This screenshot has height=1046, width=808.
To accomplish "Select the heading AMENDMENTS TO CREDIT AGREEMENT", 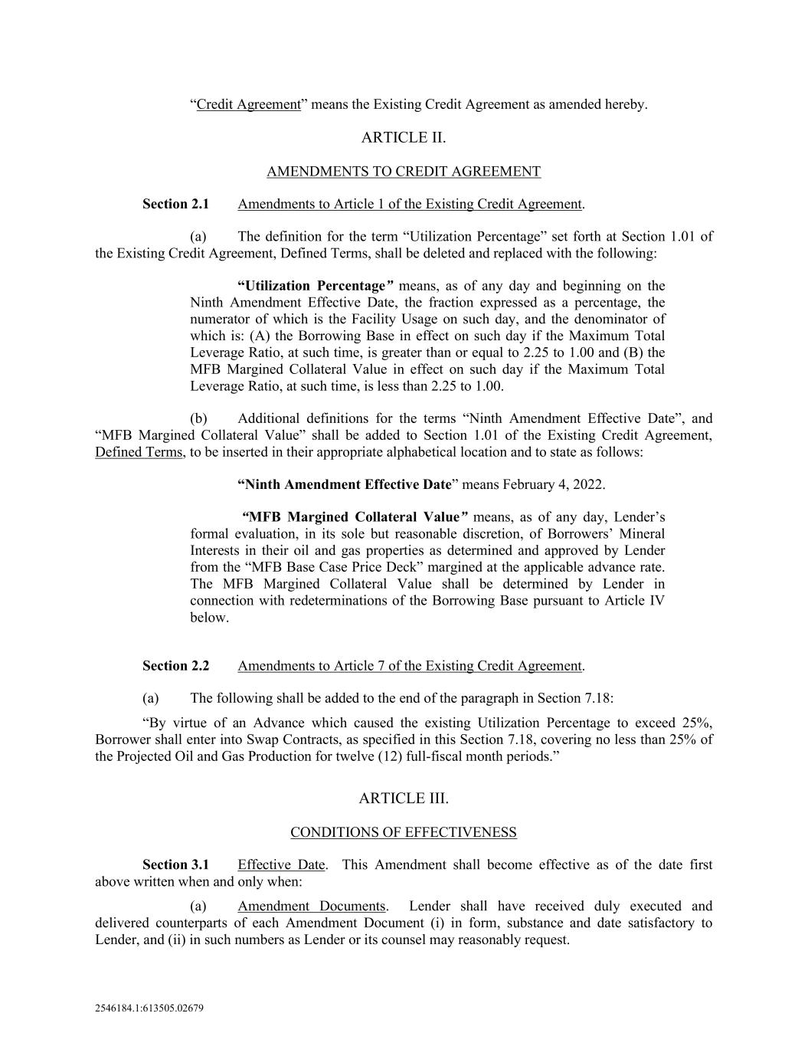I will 403,172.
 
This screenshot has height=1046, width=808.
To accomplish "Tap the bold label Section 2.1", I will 175,204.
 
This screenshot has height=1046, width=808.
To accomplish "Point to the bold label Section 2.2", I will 175,666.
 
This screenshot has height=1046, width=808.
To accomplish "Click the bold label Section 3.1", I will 175,865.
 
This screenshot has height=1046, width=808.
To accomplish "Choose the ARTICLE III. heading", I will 403,798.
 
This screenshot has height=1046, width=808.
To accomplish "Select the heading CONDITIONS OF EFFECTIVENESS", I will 403,832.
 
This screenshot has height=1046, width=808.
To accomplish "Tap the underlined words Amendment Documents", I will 311,907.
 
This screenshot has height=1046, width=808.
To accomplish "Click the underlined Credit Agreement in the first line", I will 248,104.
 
